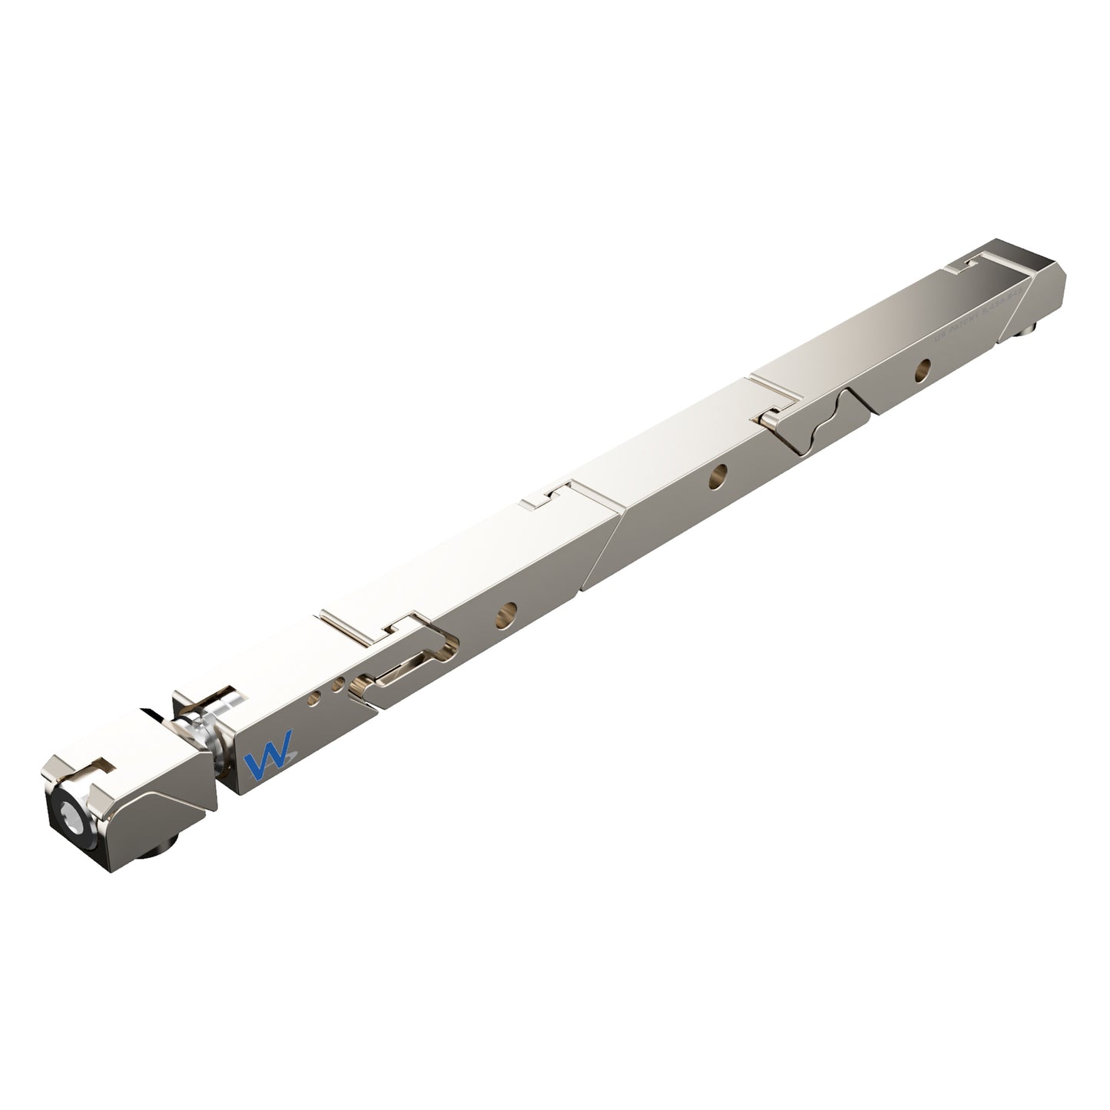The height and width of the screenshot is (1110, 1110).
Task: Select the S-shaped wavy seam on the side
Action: click(x=827, y=422)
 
